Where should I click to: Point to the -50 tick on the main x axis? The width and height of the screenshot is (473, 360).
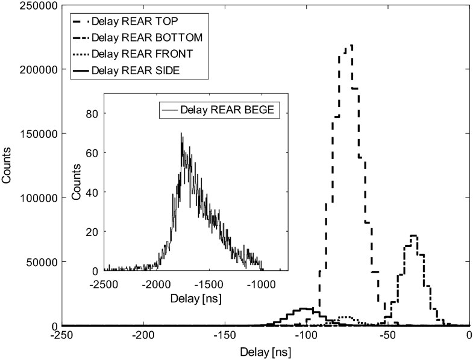388,335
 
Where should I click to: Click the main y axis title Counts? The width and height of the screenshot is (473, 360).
8,166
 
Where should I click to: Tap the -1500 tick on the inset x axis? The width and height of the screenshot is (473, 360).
210,283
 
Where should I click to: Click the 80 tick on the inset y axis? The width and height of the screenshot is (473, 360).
93,113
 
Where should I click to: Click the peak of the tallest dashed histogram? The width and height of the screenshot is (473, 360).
351,45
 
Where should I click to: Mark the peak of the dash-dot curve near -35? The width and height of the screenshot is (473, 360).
413,235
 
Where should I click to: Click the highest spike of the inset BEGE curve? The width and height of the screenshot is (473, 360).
181,134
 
